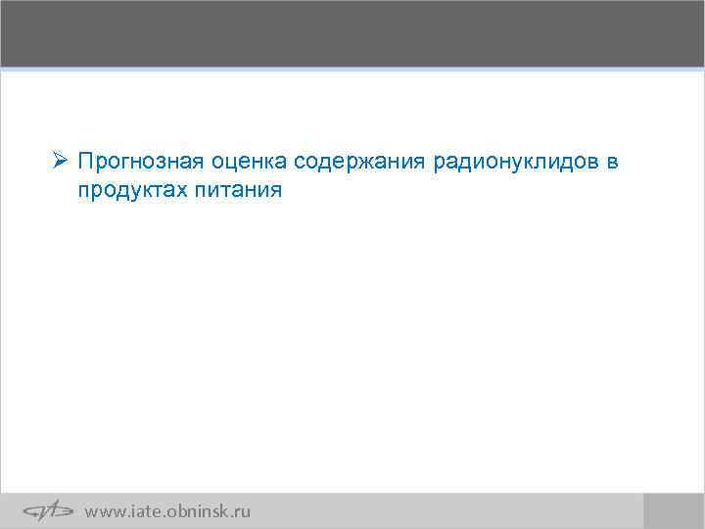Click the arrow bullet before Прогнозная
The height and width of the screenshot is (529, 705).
click(x=60, y=159)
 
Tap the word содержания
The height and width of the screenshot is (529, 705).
click(x=353, y=160)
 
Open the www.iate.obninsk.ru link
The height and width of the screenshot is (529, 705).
click(x=167, y=511)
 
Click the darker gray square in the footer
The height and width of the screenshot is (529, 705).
click(x=673, y=510)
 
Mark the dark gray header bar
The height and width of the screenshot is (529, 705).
click(x=352, y=33)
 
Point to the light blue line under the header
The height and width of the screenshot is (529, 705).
click(x=352, y=70)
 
